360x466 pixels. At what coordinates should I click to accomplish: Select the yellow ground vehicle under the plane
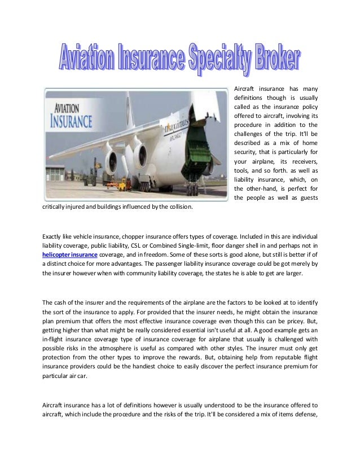click(x=118, y=183)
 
